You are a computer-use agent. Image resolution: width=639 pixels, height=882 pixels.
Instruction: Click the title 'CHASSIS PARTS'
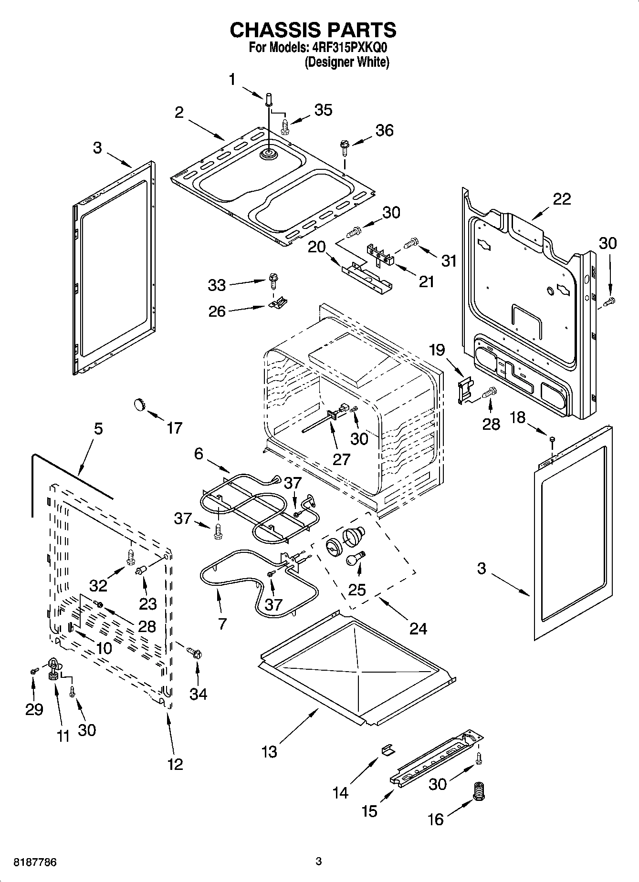pos(313,30)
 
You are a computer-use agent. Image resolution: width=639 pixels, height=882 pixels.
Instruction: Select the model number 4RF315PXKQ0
pos(345,49)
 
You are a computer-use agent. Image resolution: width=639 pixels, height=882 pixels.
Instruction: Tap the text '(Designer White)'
pos(347,62)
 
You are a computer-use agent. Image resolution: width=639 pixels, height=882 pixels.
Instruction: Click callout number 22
pos(561,199)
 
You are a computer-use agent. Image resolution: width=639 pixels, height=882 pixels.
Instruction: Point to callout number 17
pos(175,428)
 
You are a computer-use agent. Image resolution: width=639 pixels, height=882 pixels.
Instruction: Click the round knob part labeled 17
pos(138,405)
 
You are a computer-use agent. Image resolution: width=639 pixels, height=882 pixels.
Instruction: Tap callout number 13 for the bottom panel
pos(269,752)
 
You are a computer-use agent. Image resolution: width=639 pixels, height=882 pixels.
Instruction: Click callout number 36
pos(385,130)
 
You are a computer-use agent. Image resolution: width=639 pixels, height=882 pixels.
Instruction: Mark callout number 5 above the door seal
pos(98,428)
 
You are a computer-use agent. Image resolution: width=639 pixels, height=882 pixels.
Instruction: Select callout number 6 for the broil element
pos(199,454)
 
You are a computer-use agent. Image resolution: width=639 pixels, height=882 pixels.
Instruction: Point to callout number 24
pos(418,629)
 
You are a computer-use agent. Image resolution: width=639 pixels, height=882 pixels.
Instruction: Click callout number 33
pos(217,285)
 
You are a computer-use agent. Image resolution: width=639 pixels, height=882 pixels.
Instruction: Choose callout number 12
pos(175,764)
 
